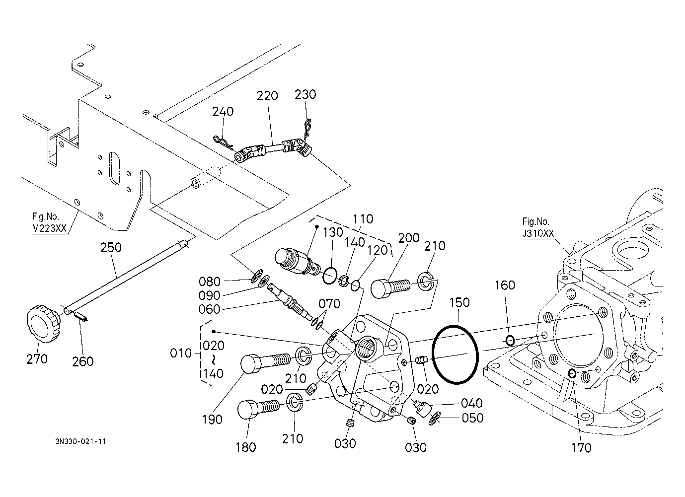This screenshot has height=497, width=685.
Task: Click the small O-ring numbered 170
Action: (572, 373)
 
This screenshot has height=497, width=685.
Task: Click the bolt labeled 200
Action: (390, 287)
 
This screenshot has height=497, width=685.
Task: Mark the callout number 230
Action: (305, 94)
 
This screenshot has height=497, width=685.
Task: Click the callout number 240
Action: (223, 111)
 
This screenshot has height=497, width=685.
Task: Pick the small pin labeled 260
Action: (81, 316)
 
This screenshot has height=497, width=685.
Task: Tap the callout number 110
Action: (363, 219)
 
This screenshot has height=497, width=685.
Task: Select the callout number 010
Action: (181, 354)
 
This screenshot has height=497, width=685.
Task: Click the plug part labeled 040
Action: (421, 407)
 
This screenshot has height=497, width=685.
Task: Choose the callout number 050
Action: (472, 418)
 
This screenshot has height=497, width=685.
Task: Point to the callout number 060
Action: (209, 309)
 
